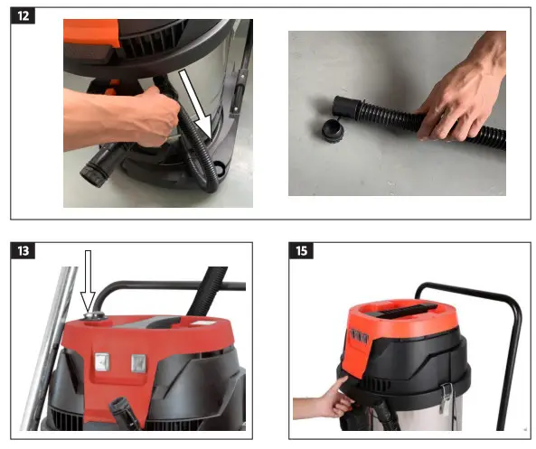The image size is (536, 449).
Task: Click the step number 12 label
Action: tap(24, 17)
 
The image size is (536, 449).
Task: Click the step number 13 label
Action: tap(24, 249)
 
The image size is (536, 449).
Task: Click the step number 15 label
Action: tap(300, 249)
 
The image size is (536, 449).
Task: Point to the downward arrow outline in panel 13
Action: tap(89, 284)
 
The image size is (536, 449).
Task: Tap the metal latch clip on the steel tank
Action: tap(446, 397)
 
